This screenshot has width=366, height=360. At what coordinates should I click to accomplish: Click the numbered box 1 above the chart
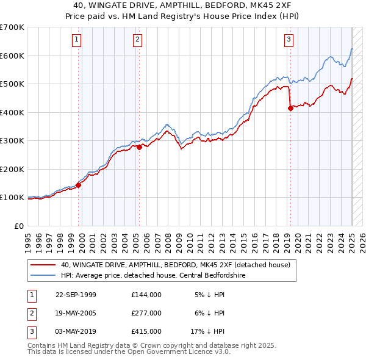coord(77,40)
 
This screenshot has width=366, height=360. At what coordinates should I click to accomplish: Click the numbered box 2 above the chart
coord(138,40)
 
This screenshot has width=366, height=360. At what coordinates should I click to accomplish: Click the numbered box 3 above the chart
coord(289,40)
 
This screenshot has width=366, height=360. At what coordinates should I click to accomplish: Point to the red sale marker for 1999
coord(79,185)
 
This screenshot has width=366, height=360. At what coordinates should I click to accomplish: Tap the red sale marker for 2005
coord(140,147)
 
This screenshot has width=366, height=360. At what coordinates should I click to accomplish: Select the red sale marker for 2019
coord(290,109)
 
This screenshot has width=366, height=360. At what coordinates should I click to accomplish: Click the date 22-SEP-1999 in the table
coord(76,295)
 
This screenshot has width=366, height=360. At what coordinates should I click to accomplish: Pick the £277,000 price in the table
coord(146,313)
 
